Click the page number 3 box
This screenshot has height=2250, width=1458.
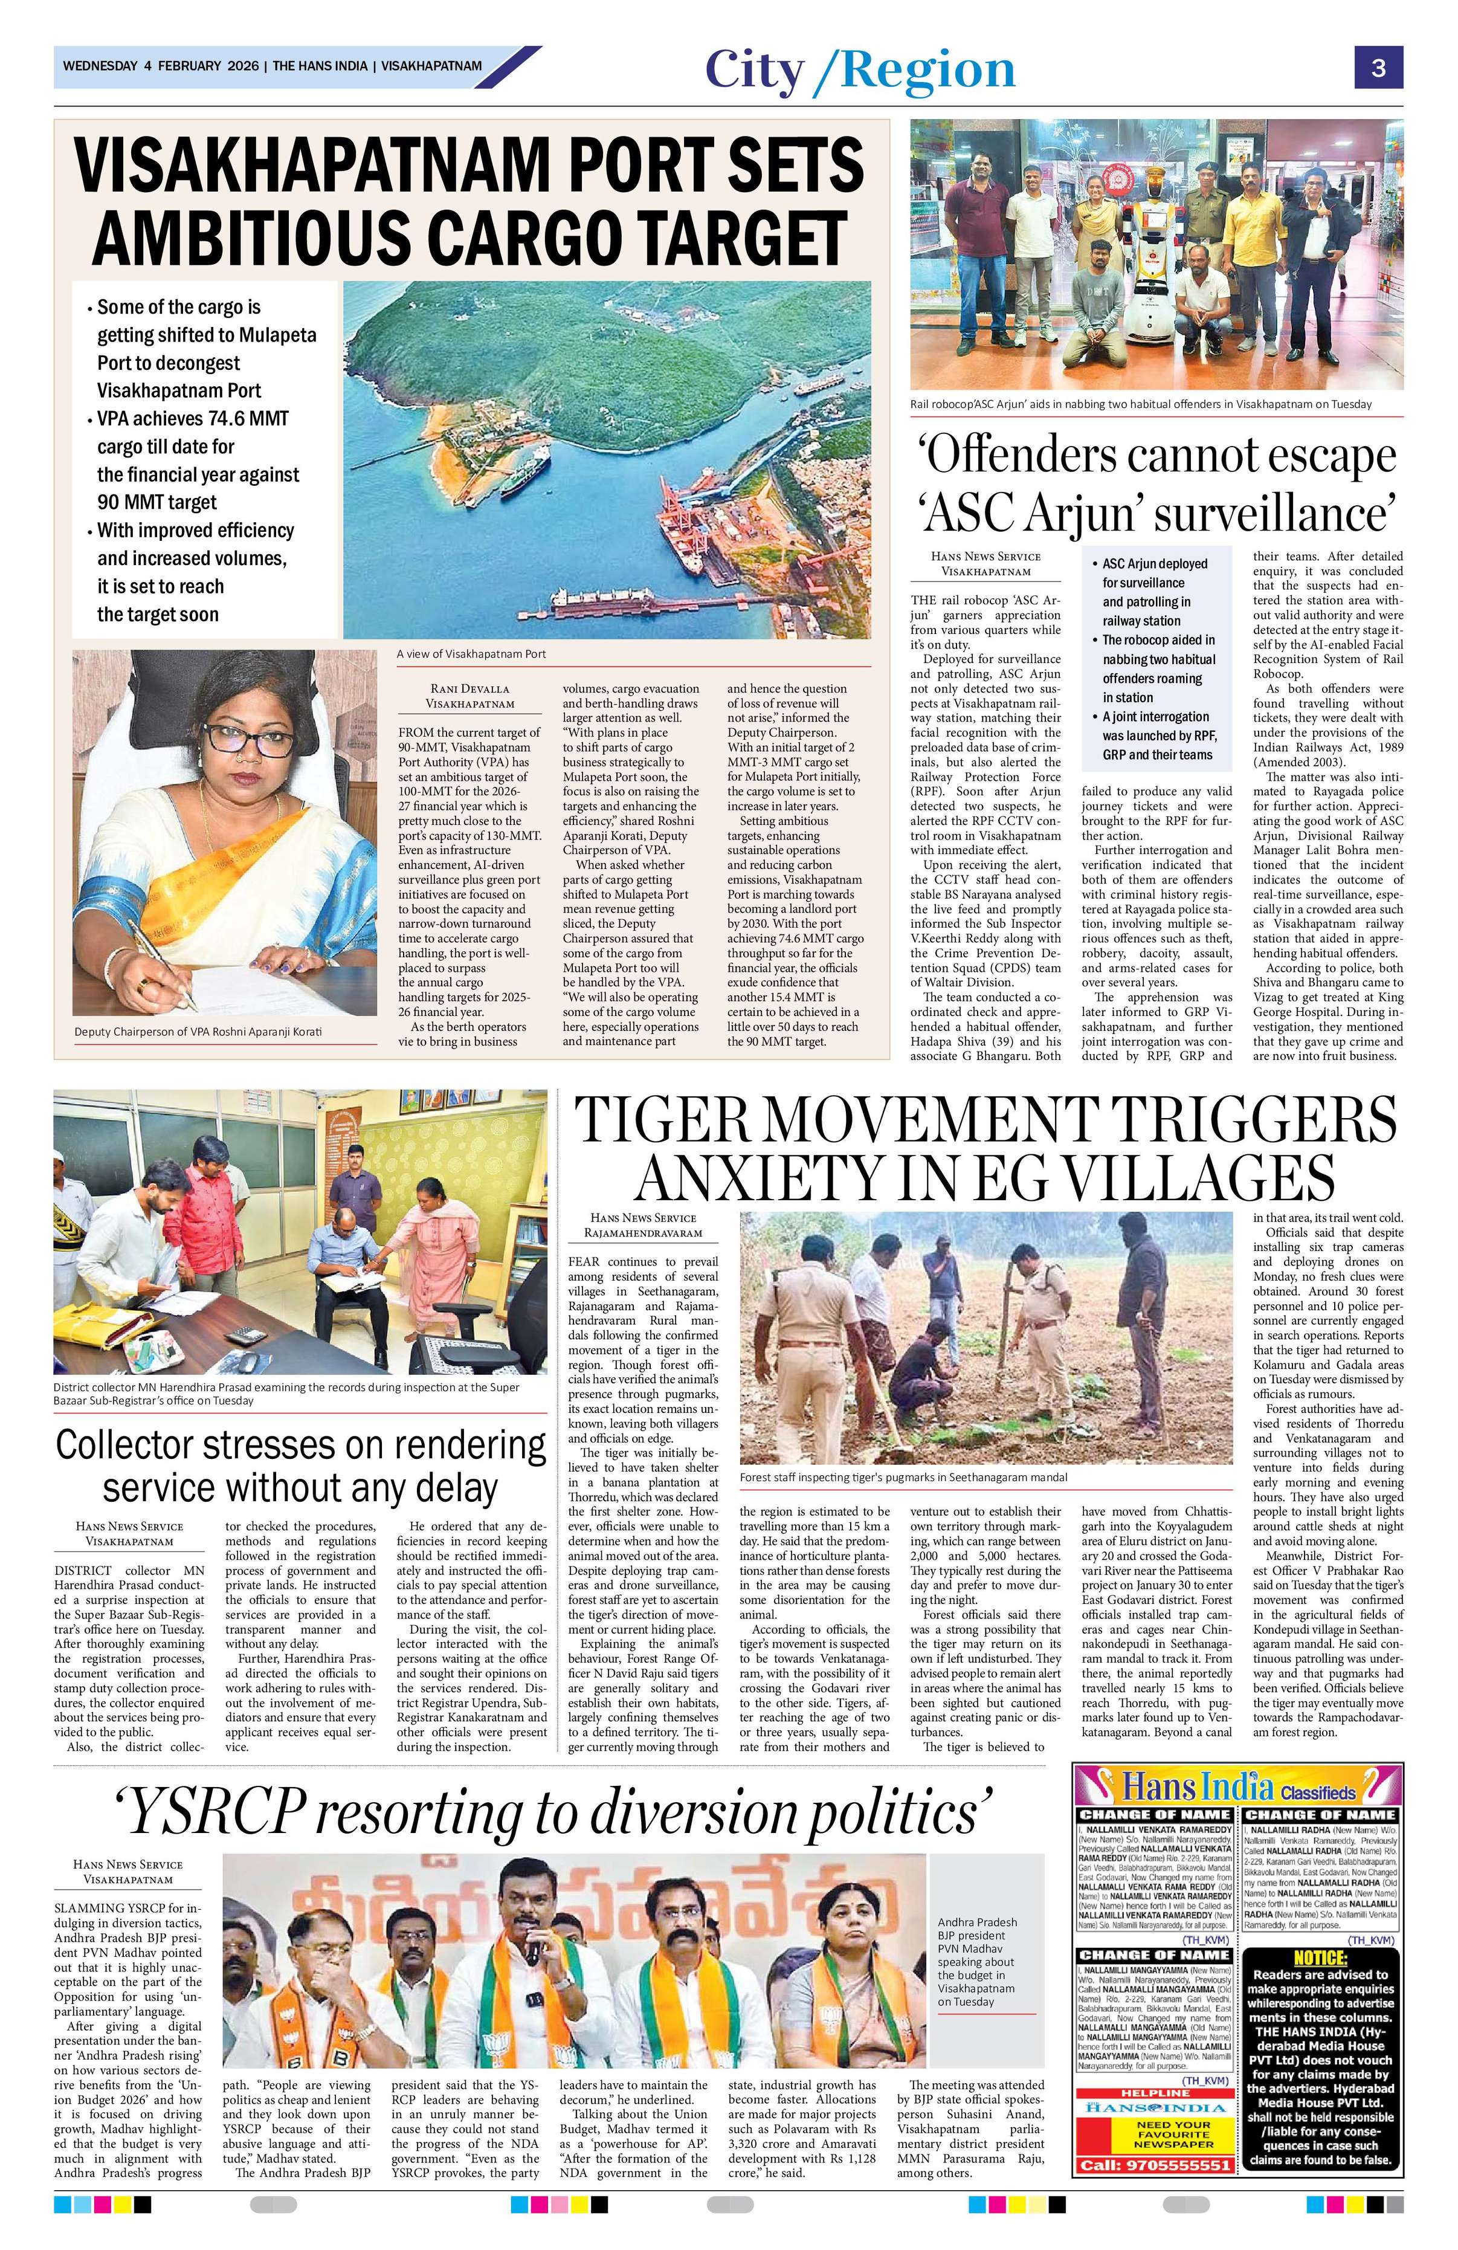pos(1379,68)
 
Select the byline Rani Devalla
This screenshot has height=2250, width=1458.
pos(469,689)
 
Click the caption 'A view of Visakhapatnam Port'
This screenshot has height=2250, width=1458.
pos(471,653)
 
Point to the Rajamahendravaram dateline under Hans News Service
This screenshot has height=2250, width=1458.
pos(642,1233)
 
